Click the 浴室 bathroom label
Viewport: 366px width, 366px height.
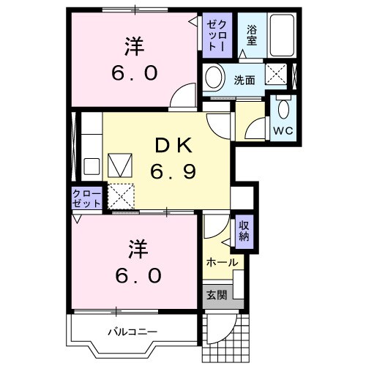pos(251,35)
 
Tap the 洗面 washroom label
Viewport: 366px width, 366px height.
pos(244,79)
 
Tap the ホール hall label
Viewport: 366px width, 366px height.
pos(221,262)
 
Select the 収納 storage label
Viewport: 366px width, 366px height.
pos(244,231)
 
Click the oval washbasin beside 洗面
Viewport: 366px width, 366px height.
pos(214,77)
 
